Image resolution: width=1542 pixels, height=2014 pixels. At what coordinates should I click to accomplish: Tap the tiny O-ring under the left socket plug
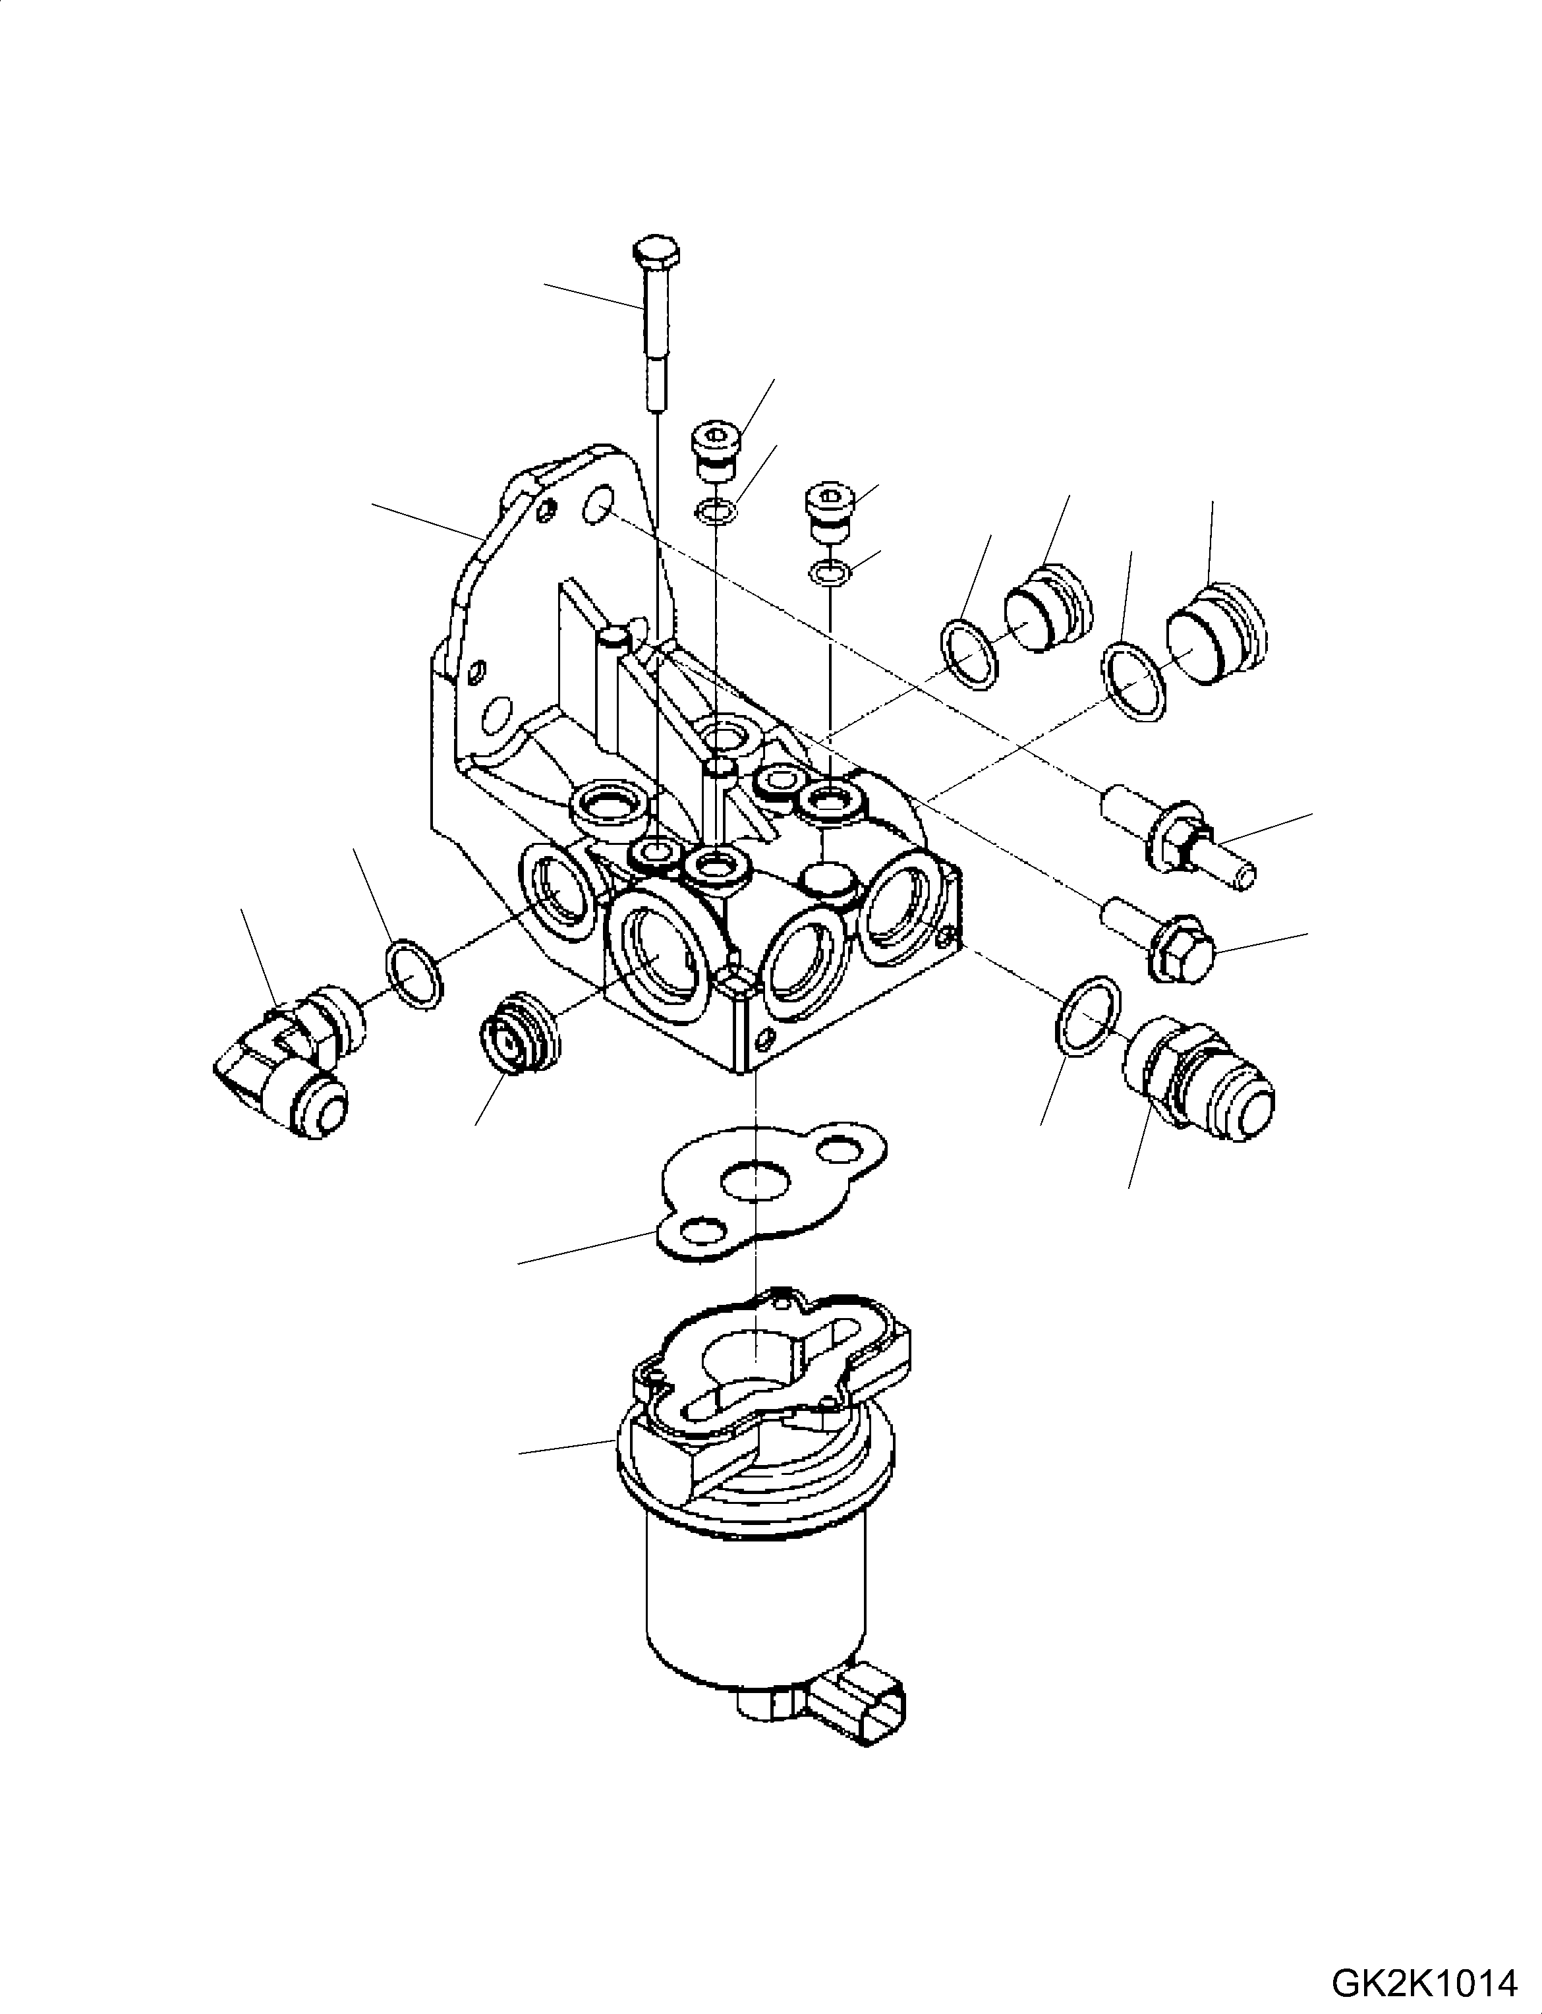[713, 510]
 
